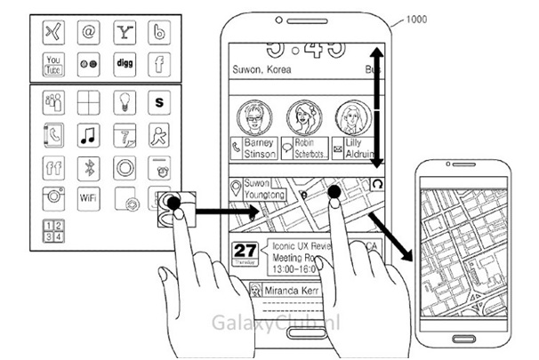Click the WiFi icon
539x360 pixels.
[x=88, y=198]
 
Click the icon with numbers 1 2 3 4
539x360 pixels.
[x=53, y=232]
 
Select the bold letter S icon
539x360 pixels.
[x=159, y=104]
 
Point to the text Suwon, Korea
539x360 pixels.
[x=259, y=68]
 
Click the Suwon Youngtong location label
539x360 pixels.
[x=255, y=188]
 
